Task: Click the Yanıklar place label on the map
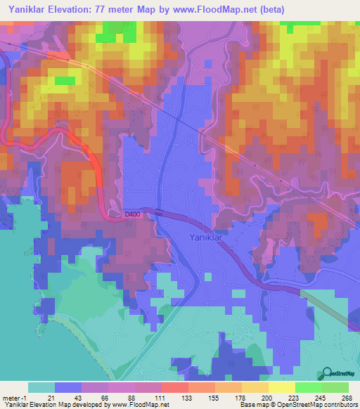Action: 207,238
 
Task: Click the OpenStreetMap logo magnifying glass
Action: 328,374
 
